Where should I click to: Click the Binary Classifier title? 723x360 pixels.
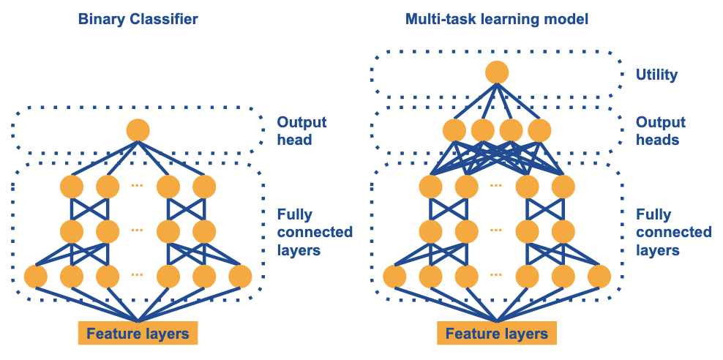138,19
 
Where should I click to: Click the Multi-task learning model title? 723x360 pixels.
497,19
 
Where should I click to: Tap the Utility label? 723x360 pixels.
656,75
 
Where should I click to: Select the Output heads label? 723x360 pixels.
660,130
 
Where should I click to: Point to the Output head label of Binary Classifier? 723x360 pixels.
301,130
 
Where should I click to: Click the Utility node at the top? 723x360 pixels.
497,72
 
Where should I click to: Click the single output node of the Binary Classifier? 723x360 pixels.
138,131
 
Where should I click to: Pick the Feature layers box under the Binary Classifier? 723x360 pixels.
138,334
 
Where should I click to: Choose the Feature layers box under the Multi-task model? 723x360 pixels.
497,334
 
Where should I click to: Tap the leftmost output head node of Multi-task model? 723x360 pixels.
454,131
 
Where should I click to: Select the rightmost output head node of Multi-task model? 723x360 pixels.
539,131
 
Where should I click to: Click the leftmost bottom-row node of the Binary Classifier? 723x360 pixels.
36,277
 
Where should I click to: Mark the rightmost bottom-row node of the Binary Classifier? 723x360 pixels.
240,277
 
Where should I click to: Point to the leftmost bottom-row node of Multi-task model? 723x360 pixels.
394,277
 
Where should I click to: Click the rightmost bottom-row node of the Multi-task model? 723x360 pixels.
599,277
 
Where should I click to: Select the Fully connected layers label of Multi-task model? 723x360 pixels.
673,232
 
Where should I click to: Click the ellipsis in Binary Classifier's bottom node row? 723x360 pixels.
138,276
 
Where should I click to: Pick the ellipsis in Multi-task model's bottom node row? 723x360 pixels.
497,276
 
